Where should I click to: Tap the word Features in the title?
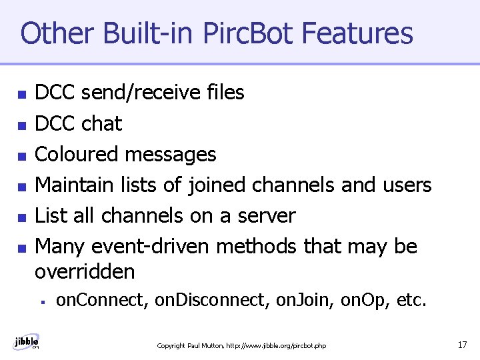357,33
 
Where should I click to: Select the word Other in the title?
50,33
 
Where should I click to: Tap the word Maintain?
75,185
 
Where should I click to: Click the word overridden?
85,272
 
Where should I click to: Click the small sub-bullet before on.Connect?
42,302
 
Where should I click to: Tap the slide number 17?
462,345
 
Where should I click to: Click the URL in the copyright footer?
276,345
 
